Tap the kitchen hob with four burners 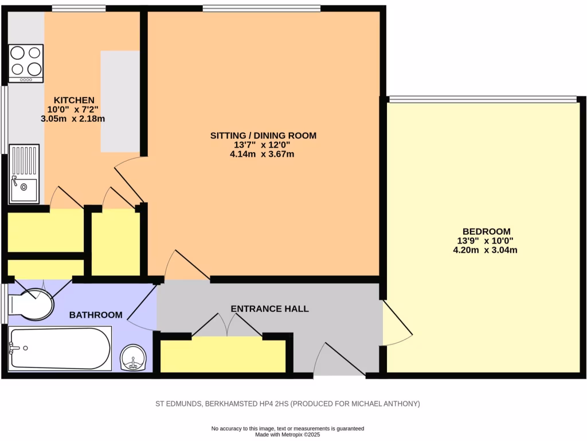coord(26,61)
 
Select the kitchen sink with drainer coord(24,173)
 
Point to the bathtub coord(59,349)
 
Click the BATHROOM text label coord(96,315)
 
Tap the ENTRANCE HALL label coord(269,309)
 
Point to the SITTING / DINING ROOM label coord(263,136)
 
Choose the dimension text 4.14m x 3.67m coord(263,154)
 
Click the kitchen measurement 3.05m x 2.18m coord(73,119)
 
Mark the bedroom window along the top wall coord(482,99)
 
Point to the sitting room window coord(261,8)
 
